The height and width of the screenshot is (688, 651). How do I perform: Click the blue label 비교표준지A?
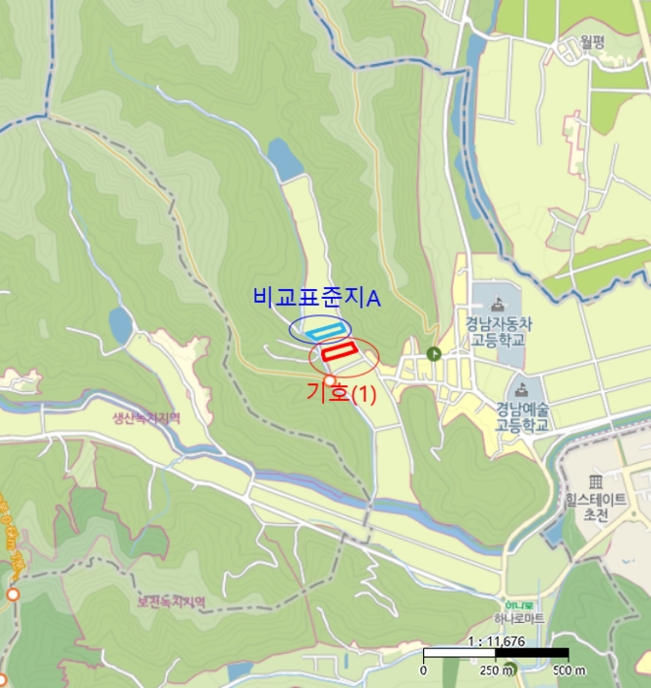tap(316, 297)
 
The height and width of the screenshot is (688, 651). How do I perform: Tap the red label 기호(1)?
tap(341, 393)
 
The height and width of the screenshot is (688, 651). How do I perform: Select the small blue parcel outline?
tap(323, 329)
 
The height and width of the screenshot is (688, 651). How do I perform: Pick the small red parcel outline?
tap(339, 349)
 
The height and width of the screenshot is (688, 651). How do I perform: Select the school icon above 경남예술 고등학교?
tap(521, 388)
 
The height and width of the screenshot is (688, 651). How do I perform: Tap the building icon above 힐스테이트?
tap(595, 481)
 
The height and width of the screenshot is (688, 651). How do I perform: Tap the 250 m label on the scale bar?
tap(492, 670)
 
